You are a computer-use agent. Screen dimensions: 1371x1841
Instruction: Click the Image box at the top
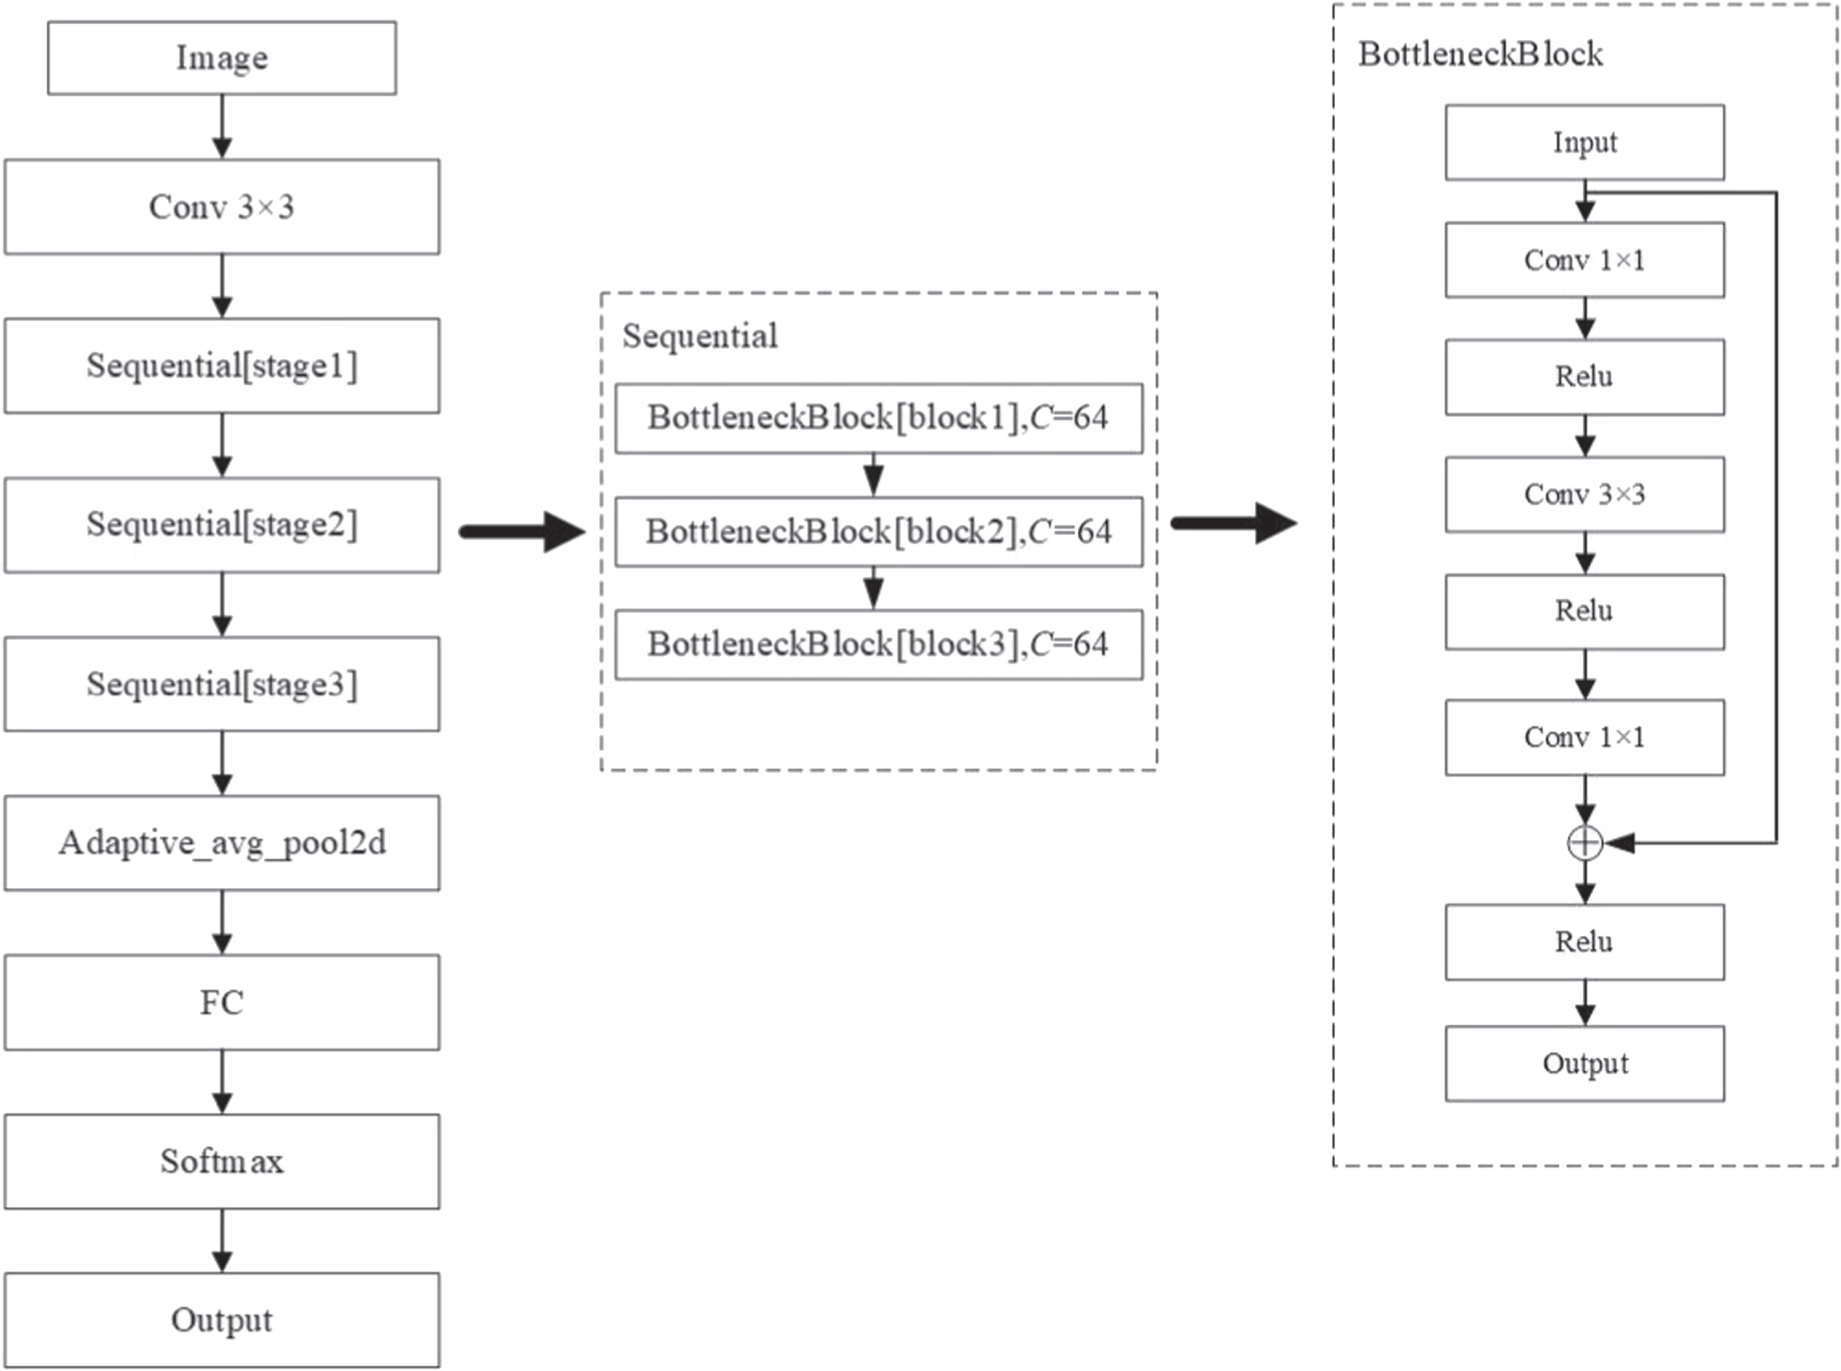(221, 59)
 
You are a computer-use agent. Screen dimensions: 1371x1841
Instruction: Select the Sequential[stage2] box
(221, 525)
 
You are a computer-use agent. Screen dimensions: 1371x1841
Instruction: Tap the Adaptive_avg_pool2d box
(221, 843)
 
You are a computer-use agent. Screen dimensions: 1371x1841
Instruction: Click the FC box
(221, 1003)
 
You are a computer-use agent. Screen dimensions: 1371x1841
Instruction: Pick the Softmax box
(221, 1161)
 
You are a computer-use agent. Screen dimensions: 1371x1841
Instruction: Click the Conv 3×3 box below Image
(221, 207)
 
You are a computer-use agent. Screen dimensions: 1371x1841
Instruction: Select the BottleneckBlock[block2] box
(879, 532)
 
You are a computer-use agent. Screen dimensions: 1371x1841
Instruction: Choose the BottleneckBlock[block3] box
(879, 645)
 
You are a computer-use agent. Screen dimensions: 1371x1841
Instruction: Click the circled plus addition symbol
(1584, 843)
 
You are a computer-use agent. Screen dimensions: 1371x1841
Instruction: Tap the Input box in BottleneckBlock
(1584, 142)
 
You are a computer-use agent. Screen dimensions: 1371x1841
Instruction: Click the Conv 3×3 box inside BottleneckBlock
(1584, 495)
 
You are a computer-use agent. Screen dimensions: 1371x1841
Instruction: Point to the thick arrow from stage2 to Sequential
(522, 532)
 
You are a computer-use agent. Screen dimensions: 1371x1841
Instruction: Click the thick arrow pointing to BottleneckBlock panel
(1234, 523)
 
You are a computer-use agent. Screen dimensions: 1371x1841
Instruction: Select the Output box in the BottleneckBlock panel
(1584, 1064)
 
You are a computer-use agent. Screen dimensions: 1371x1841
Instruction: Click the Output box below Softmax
(221, 1320)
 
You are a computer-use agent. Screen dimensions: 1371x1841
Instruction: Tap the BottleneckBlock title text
(1480, 55)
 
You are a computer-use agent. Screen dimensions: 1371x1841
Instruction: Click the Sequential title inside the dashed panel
(699, 336)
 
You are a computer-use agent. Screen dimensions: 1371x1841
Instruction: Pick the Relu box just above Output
(1584, 942)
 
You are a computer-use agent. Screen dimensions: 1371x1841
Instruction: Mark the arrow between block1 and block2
(873, 475)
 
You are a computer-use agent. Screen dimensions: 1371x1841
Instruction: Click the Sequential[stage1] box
(221, 366)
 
